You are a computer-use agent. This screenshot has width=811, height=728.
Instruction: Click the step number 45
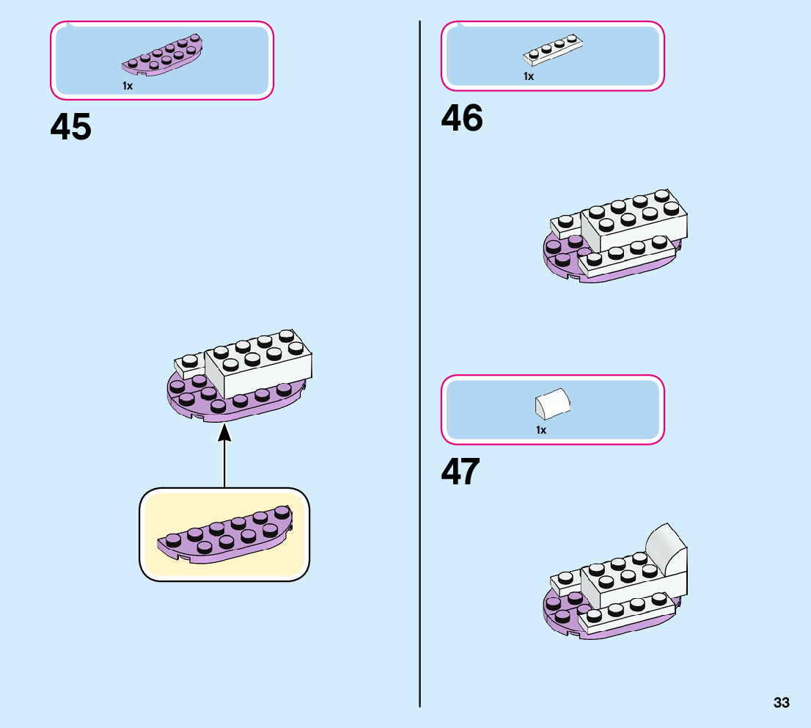(x=71, y=127)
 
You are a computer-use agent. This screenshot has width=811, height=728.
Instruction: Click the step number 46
(x=462, y=118)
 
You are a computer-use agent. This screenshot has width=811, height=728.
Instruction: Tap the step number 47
(x=460, y=472)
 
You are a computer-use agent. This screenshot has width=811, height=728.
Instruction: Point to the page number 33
(x=781, y=703)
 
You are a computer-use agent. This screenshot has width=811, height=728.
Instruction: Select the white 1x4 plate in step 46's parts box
(x=554, y=51)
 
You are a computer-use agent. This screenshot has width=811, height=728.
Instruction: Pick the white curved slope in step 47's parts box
(x=553, y=404)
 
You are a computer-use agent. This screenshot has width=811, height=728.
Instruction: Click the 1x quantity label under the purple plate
(x=128, y=86)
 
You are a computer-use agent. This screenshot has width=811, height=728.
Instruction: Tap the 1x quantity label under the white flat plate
(x=529, y=76)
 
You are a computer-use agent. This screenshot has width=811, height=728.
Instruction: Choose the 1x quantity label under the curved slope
(x=541, y=430)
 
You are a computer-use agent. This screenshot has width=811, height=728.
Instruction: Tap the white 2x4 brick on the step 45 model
(x=258, y=371)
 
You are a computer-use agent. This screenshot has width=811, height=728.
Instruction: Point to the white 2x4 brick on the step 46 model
(x=635, y=224)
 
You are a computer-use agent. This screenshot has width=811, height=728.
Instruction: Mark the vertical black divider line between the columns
(x=420, y=367)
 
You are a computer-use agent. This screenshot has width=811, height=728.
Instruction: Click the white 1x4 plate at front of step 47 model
(x=627, y=614)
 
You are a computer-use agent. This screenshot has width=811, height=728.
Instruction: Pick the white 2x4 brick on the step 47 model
(x=616, y=580)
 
